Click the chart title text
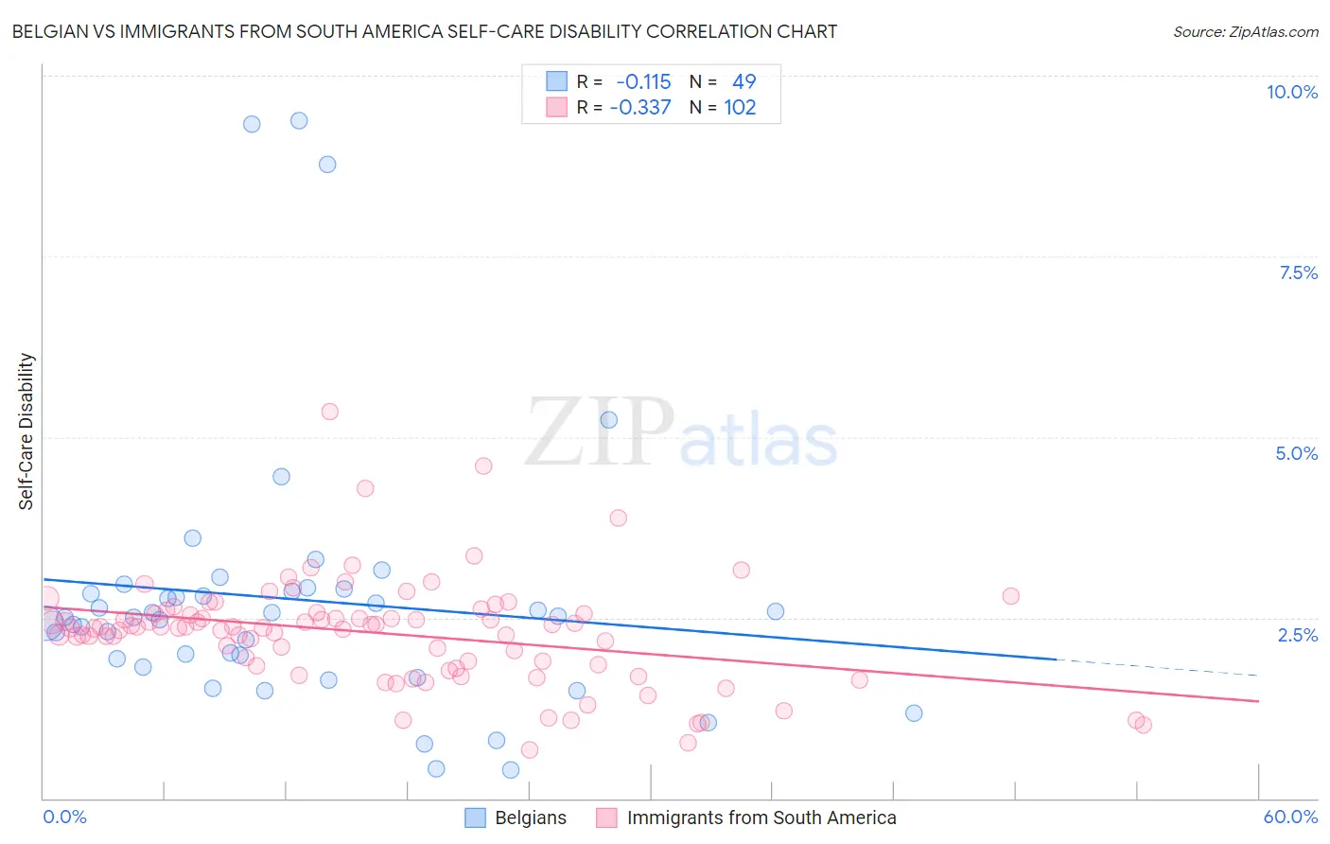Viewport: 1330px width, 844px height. coord(424,31)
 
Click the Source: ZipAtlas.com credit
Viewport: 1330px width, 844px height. coord(1245,31)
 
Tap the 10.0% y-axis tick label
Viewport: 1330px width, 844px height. coord(1291,92)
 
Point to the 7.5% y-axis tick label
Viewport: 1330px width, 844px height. coord(1298,273)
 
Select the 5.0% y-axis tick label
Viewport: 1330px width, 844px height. coord(1296,453)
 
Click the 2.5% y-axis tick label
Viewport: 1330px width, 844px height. coord(1297,635)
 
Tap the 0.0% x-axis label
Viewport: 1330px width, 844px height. coord(64,817)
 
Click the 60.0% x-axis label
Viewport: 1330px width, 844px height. coord(1290,817)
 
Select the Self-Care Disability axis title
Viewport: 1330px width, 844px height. coord(26,431)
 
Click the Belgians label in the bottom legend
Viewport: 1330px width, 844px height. coord(531,818)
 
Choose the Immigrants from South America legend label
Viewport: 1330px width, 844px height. coord(761,818)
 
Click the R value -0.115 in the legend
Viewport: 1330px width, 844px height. coord(643,82)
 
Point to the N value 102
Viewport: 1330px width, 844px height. coord(740,108)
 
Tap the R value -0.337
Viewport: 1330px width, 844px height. coord(640,108)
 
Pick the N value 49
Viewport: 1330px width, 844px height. coord(744,82)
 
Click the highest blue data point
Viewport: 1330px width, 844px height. coord(299,120)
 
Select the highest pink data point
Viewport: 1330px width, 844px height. coord(330,412)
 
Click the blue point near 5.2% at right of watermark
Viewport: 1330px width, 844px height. coord(609,420)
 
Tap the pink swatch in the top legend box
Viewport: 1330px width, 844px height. coord(556,108)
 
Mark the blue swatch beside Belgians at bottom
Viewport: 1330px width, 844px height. coord(475,818)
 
